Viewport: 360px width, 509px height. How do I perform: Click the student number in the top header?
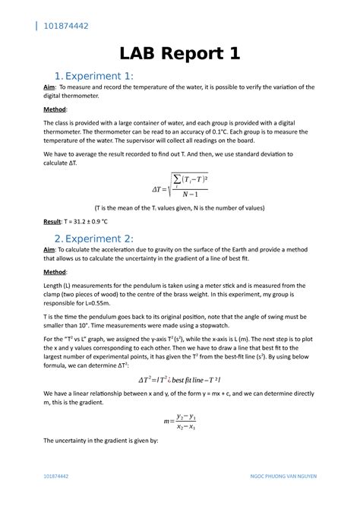(66, 27)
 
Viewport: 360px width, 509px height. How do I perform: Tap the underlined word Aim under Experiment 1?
(49, 88)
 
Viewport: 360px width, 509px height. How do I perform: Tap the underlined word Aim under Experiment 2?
(49, 250)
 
